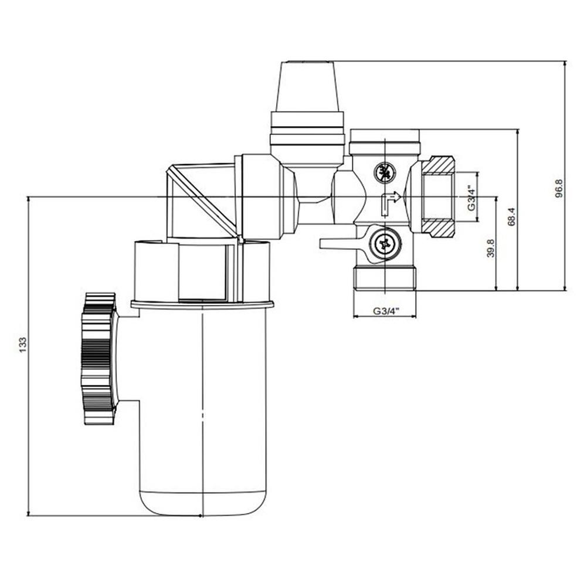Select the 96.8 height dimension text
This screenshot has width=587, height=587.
coord(559,188)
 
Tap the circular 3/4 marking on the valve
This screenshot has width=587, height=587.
coord(385,172)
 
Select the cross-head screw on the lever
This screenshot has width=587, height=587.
coord(385,244)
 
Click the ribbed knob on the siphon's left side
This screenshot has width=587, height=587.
coord(99,358)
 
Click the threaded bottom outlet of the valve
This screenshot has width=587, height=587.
coord(385,280)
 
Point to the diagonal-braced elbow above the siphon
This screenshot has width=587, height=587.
coord(202,199)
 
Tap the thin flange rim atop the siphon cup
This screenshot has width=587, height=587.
coord(202,304)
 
